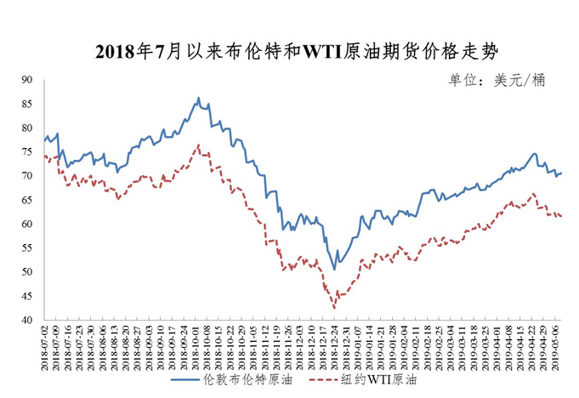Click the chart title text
[290, 51]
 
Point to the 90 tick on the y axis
[27, 80]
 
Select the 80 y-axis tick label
[27, 128]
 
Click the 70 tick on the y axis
[27, 176]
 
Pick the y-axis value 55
[27, 248]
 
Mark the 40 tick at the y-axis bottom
[27, 321]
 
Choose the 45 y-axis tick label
[27, 296]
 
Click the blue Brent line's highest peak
[199, 98]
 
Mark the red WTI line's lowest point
[334, 308]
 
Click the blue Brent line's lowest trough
[334, 270]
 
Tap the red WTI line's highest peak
[199, 145]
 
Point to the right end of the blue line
[562, 173]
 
